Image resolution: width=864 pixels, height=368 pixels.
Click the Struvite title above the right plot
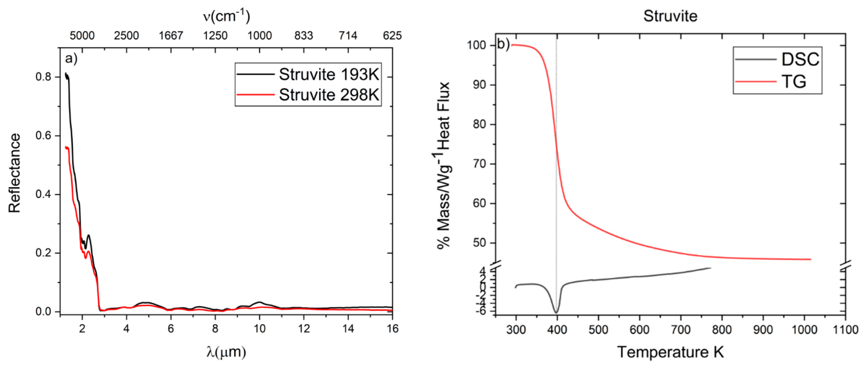[670, 16]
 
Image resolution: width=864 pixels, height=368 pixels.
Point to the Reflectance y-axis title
[14, 173]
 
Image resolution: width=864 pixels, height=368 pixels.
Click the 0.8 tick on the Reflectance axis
[43, 77]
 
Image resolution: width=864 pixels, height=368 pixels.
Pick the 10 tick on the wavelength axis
[259, 329]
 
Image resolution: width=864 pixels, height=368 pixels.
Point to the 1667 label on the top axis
[171, 35]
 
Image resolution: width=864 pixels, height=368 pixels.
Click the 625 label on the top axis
[392, 35]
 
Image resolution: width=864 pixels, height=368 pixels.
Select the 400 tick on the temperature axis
[557, 330]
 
